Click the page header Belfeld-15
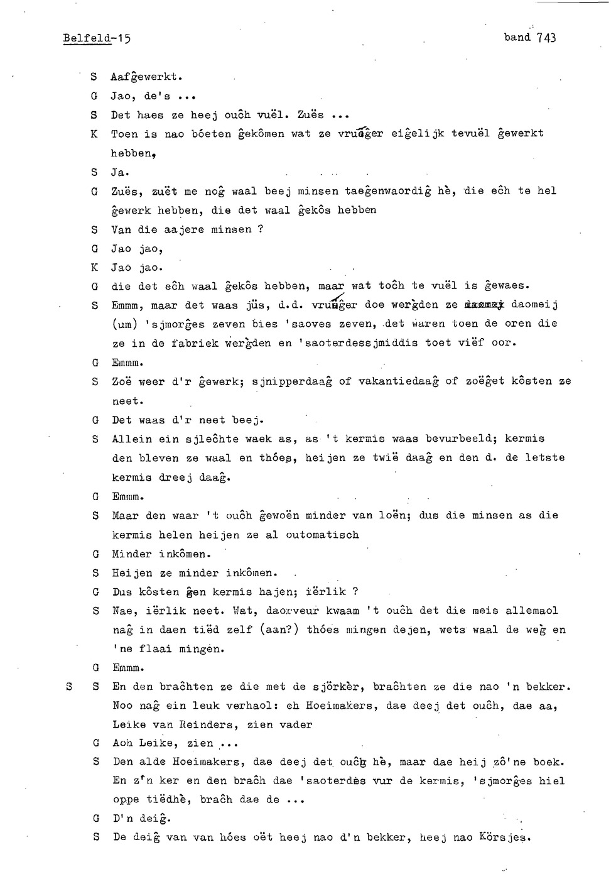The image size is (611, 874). point(97,38)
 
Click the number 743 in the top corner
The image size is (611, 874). point(546,38)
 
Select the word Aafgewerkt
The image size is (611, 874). point(146,77)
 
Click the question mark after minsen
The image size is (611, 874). point(261,229)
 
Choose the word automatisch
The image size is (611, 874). point(322,535)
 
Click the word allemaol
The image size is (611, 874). point(531,611)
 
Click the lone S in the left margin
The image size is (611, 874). point(69,687)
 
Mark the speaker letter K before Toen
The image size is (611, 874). point(94,134)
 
